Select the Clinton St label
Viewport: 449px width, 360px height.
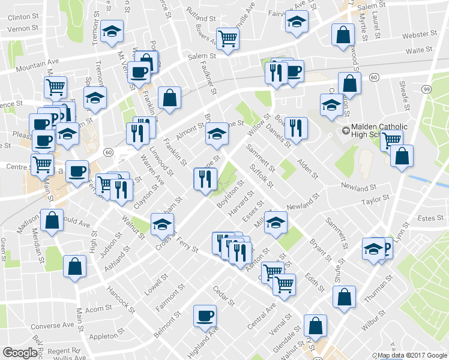[23, 17]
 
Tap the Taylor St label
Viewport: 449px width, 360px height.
[376, 197]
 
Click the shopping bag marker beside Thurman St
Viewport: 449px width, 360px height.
[344, 296]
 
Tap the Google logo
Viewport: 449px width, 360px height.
[21, 352]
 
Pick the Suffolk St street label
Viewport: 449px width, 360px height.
[262, 175]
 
